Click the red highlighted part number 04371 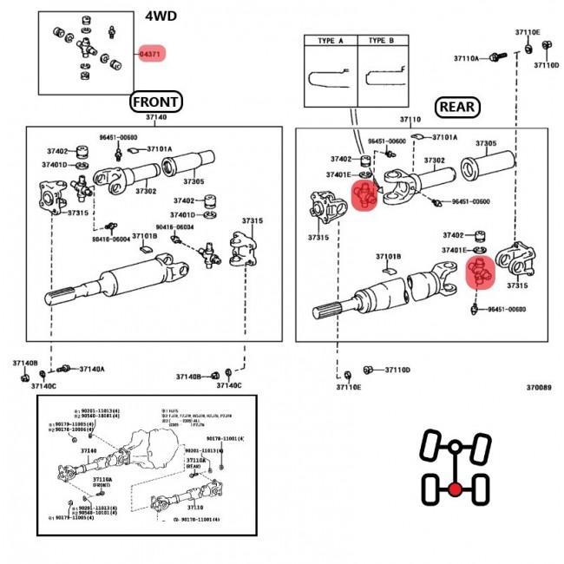(x=149, y=54)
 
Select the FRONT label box (x=156, y=102)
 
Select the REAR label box (x=457, y=106)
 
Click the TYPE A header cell (x=331, y=41)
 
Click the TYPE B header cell (x=382, y=41)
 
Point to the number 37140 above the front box (x=156, y=117)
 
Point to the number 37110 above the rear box (x=410, y=119)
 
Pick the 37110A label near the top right (x=466, y=58)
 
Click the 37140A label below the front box (x=92, y=370)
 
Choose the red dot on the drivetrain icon (x=454, y=489)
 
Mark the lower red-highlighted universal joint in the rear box (x=478, y=272)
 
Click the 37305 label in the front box (x=193, y=181)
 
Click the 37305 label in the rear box (x=486, y=143)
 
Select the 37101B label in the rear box (x=388, y=257)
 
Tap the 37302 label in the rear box (x=434, y=161)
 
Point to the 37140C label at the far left (x=45, y=385)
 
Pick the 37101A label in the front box (x=159, y=148)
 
